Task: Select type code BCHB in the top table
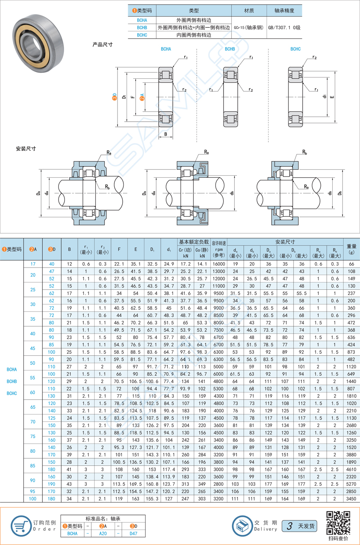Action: [142, 28]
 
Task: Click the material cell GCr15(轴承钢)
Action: [249, 28]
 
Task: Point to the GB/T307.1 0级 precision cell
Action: [284, 28]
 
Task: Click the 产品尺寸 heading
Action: [102, 45]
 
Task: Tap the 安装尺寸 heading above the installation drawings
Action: [26, 149]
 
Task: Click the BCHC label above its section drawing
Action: [296, 49]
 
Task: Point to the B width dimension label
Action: [166, 134]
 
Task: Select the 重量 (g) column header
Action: [351, 249]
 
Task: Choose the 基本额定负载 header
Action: [193, 242]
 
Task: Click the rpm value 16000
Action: [219, 264]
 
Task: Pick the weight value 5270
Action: [351, 484]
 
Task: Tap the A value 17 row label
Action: [33, 264]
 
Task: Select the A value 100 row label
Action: [33, 499]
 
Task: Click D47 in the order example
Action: [134, 534]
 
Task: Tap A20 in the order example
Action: [103, 534]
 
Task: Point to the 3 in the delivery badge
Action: [290, 526]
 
